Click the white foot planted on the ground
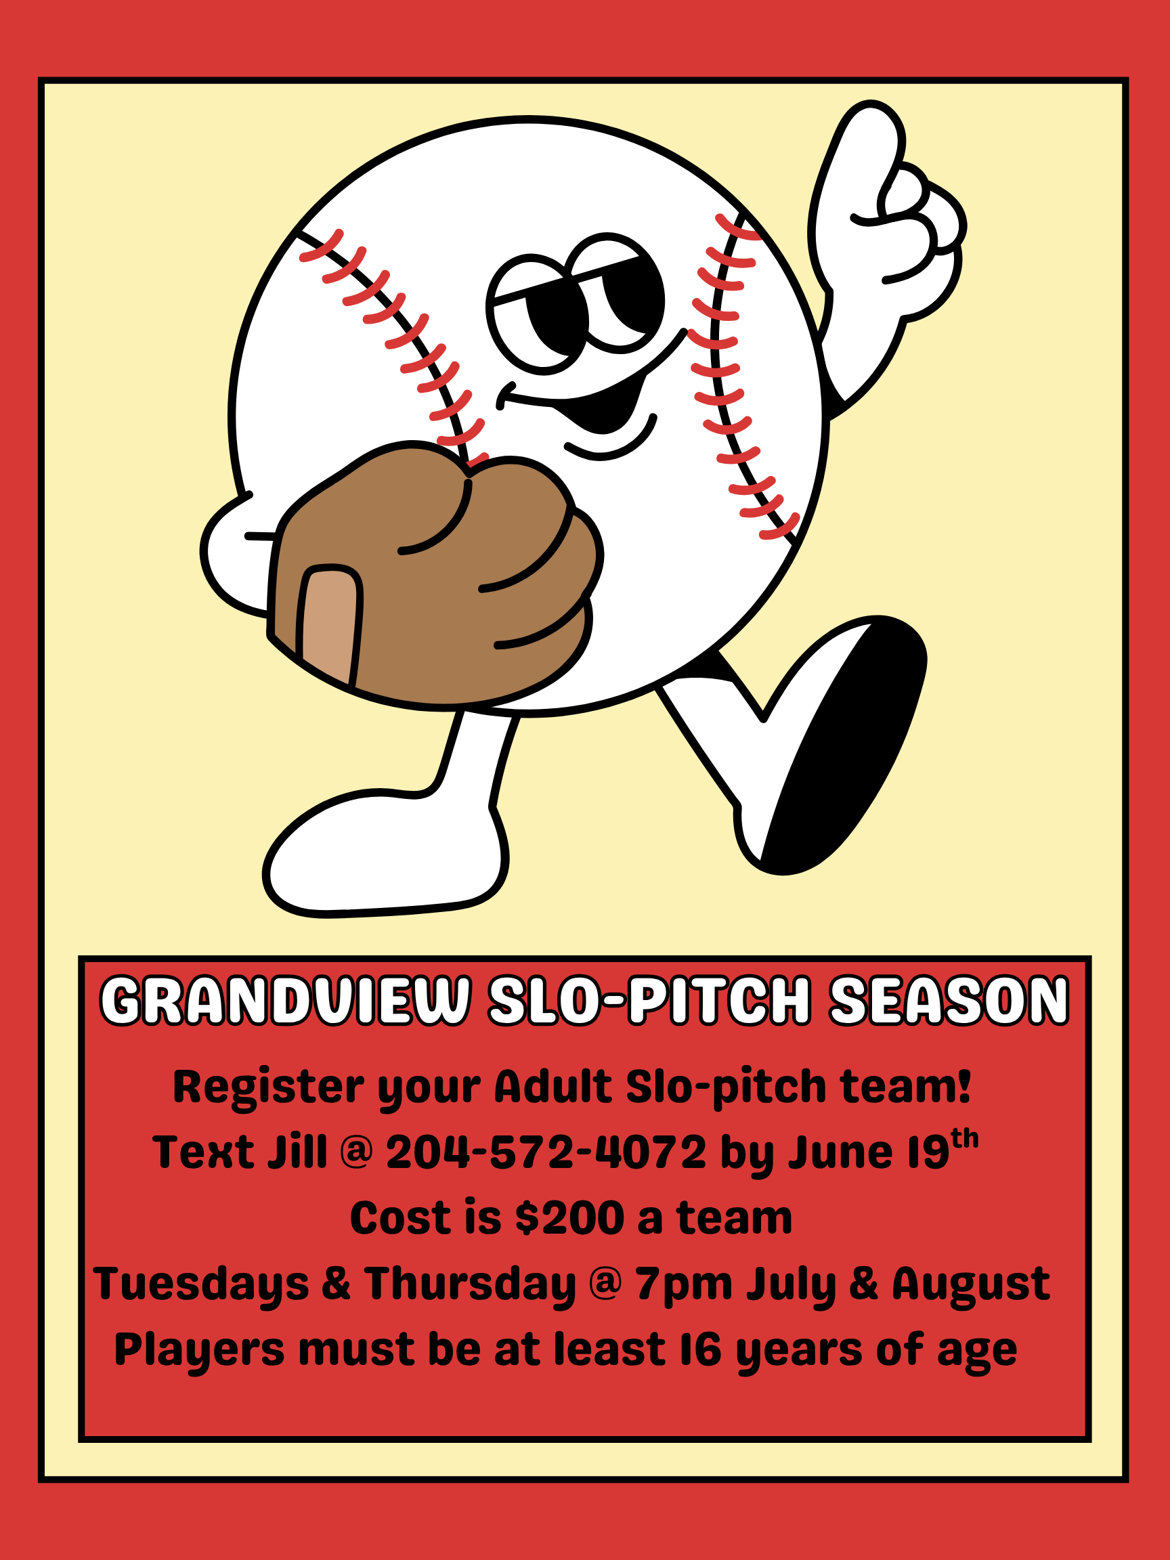coord(388,853)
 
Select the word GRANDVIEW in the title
coord(285,1001)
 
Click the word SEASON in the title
coord(949,1001)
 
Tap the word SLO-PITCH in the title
coord(649,1001)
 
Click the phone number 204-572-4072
coord(546,1152)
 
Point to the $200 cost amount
coord(570,1218)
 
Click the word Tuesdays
coord(201,1285)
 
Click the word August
coord(971,1285)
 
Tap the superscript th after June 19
coord(964,1138)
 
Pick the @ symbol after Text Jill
coord(356,1152)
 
